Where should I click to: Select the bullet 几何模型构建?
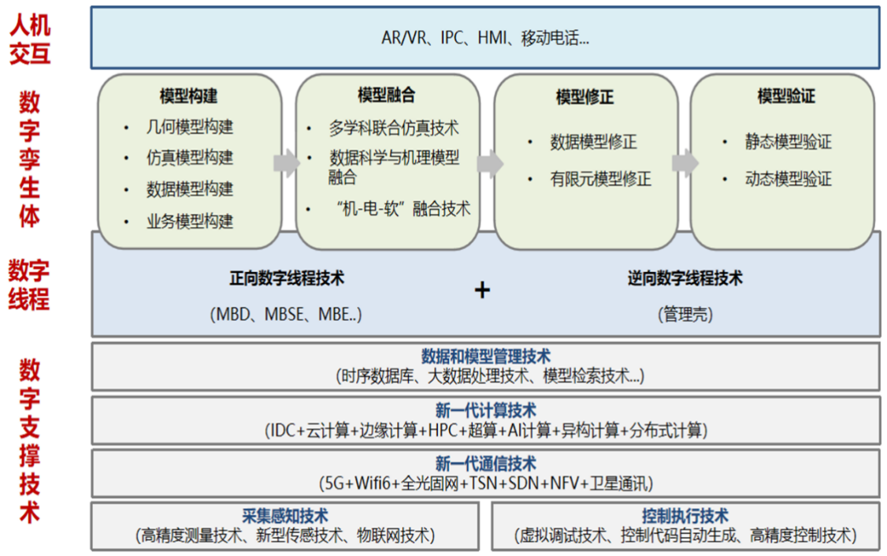(x=189, y=126)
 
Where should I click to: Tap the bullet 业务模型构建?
(x=189, y=222)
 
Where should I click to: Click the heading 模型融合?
(x=386, y=95)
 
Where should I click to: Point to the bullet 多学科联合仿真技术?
(x=393, y=128)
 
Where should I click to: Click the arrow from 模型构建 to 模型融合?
(x=287, y=163)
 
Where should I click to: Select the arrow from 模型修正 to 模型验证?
(x=685, y=163)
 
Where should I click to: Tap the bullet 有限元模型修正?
(x=600, y=179)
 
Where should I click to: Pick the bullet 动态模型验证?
(x=788, y=179)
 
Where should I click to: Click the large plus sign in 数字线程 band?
(x=482, y=290)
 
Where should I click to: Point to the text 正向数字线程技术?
(x=287, y=278)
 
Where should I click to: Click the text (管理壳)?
(x=685, y=315)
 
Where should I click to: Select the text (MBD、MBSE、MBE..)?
(x=287, y=315)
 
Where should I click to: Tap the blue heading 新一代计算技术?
(x=485, y=411)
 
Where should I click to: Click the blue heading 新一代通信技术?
(x=485, y=464)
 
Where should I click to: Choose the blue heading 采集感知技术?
(x=285, y=517)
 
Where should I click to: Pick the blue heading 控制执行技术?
(x=685, y=517)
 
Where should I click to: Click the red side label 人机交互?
(x=30, y=38)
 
